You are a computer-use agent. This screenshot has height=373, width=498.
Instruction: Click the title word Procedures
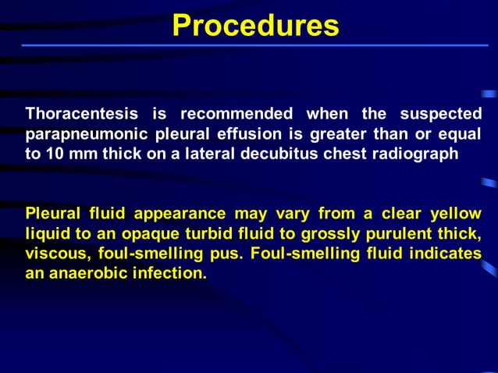pyautogui.click(x=255, y=25)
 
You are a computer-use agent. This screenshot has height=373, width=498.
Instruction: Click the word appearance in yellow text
pyautogui.click(x=180, y=214)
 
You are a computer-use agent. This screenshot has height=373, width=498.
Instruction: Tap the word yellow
pyautogui.click(x=456, y=214)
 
